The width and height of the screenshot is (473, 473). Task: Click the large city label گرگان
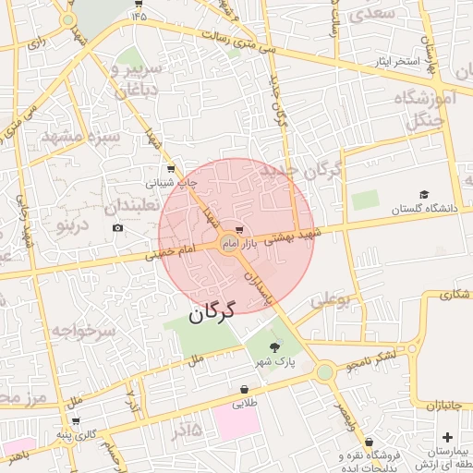(x=212, y=311)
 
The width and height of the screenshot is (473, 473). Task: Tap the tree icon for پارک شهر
(x=275, y=347)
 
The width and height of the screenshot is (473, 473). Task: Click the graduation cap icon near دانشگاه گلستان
(x=424, y=195)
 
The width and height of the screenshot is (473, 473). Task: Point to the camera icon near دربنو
(x=117, y=227)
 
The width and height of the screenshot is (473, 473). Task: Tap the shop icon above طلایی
(x=244, y=390)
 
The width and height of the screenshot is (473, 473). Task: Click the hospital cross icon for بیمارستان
(x=448, y=436)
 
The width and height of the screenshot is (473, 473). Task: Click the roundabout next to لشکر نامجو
(x=324, y=372)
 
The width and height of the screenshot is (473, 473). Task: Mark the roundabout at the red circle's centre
(x=229, y=244)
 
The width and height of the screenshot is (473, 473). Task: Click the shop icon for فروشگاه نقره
(x=370, y=443)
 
